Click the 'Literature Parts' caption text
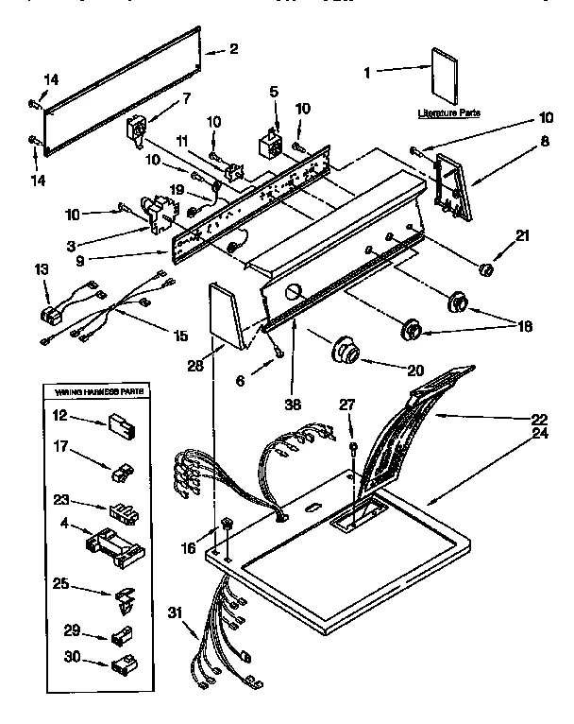tap(448, 112)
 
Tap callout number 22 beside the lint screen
tap(539, 418)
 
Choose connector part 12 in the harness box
tap(119, 422)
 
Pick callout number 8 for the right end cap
tap(545, 144)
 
